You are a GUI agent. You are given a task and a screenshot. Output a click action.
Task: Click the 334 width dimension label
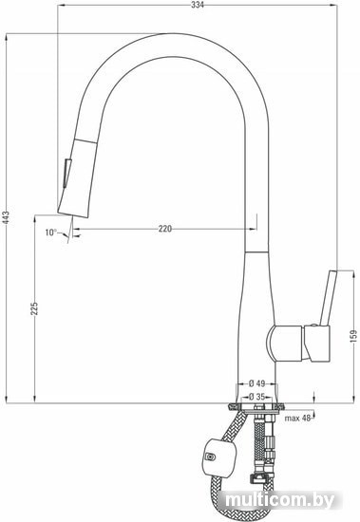(x=198, y=5)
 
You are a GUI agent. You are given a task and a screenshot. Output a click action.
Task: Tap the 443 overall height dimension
(x=7, y=217)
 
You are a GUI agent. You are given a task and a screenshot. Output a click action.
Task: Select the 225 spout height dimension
(x=34, y=308)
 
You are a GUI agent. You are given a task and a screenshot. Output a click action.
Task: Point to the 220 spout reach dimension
(x=165, y=229)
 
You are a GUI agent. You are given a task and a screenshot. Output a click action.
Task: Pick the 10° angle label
(x=51, y=232)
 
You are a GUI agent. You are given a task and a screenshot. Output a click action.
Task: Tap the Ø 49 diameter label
(x=256, y=383)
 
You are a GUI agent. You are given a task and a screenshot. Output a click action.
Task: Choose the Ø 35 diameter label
(x=256, y=397)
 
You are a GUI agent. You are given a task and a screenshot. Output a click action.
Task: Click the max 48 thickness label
(x=297, y=419)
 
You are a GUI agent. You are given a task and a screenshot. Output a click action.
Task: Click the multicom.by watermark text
(x=279, y=500)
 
